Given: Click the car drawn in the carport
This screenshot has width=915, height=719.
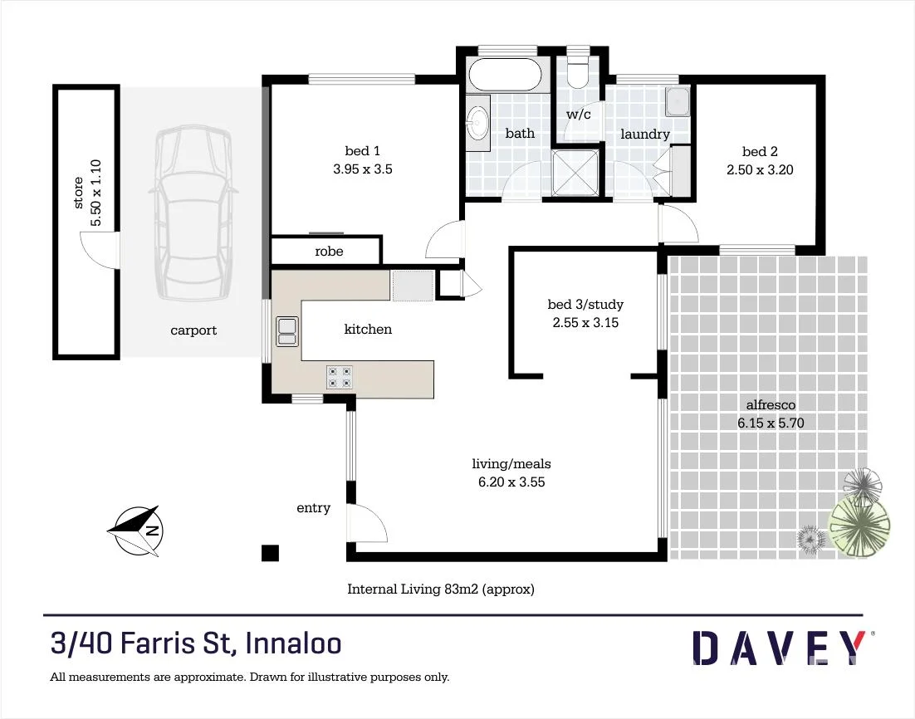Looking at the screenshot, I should tap(192, 214).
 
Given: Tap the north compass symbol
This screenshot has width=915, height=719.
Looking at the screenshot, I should tap(137, 530).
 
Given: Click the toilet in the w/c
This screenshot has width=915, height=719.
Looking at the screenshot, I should tap(579, 71).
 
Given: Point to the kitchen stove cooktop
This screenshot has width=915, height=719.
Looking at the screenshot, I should tap(339, 377).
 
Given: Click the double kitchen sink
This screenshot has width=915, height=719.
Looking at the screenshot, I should tap(286, 331).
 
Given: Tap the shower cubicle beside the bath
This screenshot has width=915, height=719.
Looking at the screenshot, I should tap(575, 173).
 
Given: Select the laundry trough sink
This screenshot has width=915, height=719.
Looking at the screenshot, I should tap(678, 102).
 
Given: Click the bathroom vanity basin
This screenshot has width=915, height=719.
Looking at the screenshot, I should tap(477, 124).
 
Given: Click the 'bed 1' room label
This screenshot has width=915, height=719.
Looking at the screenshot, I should tap(362, 151).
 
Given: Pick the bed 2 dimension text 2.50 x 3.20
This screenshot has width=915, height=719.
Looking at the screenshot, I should tap(760, 169).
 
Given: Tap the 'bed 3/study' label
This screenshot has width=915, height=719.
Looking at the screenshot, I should tap(585, 305).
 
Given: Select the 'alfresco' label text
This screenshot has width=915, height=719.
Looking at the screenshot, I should tap(771, 405).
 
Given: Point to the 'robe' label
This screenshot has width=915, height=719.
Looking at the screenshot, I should tap(329, 251).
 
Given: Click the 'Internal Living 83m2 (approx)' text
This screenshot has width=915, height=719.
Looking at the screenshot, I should tap(440, 589).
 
